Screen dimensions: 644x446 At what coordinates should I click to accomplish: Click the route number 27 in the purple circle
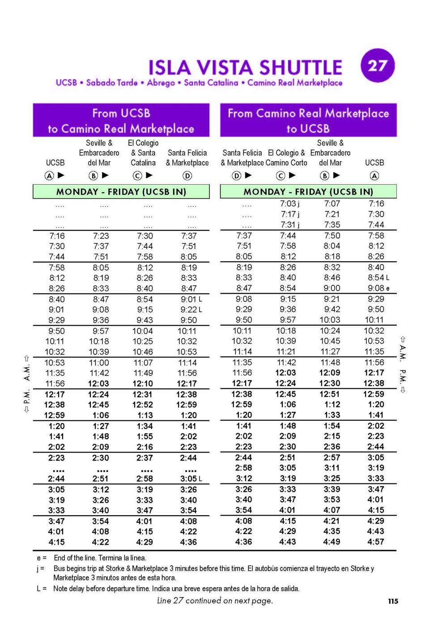pyautogui.click(x=378, y=66)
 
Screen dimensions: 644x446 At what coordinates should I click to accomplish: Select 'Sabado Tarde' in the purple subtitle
pyautogui.click(x=111, y=83)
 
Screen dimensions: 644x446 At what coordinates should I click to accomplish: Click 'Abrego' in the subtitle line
pyautogui.click(x=161, y=83)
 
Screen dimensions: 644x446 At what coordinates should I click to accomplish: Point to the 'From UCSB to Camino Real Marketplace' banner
pyautogui.click(x=121, y=120)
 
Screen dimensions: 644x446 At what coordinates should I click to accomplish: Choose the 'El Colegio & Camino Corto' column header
pyautogui.click(x=286, y=158)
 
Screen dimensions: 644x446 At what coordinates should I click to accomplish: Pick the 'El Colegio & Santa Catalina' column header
pyautogui.click(x=143, y=153)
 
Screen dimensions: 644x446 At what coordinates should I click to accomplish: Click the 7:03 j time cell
pyautogui.click(x=290, y=204)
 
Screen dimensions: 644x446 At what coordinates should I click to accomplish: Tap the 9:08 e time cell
pyautogui.click(x=378, y=288)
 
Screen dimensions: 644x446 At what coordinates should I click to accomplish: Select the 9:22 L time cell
pyautogui.click(x=191, y=309)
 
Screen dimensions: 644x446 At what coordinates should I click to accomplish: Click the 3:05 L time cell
pyautogui.click(x=191, y=479)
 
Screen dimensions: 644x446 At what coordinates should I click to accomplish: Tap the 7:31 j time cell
pyautogui.click(x=290, y=225)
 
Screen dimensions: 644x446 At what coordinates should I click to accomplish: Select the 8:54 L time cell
pyautogui.click(x=378, y=278)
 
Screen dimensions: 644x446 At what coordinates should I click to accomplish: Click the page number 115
pyautogui.click(x=393, y=601)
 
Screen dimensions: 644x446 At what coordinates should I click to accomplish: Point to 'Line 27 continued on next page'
pyautogui.click(x=215, y=601)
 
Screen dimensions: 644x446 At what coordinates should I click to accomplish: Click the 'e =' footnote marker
pyautogui.click(x=41, y=558)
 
